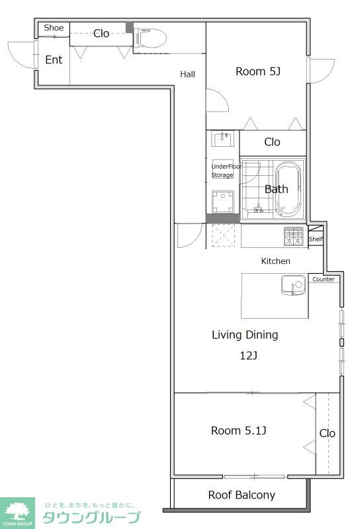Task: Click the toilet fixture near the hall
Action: coord(150,39)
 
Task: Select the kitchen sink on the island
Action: coord(293,285)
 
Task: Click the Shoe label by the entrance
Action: coord(54,28)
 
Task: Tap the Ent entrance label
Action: coord(54,60)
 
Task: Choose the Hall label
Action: coord(187,74)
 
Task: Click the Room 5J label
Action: coord(258,71)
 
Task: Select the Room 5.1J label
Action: coord(238,430)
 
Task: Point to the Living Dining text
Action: coord(245,335)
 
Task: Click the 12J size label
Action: coord(249,355)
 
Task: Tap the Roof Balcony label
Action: coord(242,495)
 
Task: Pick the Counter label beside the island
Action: coord(324,279)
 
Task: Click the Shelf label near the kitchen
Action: coord(316,239)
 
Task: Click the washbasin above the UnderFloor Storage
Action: coord(222,139)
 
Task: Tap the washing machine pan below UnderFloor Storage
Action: coord(222,202)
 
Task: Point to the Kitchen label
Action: coord(275,261)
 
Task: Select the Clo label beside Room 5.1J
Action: coord(327,433)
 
